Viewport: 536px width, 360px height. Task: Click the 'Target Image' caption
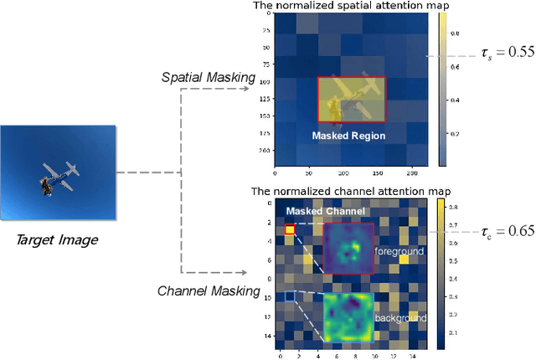pyautogui.click(x=58, y=240)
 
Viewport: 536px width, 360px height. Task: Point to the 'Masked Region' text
pyautogui.click(x=349, y=136)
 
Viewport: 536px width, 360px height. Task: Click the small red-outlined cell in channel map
pyautogui.click(x=290, y=229)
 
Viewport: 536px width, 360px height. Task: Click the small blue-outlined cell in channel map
pyautogui.click(x=290, y=296)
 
